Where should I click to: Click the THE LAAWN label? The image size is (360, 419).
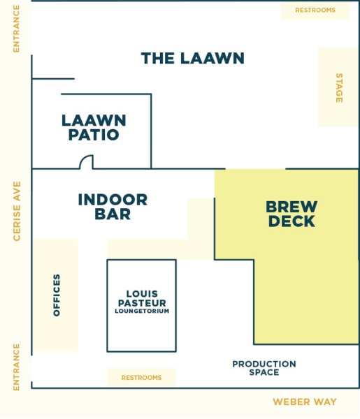point(192,58)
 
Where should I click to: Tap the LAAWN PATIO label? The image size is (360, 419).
point(94,128)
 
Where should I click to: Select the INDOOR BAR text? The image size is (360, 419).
point(113,207)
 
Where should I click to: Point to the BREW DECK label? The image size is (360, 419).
point(291,214)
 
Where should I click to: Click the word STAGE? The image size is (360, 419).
point(339,88)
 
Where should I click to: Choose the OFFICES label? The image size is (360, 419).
point(57,295)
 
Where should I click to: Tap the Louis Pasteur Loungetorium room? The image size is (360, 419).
point(141,305)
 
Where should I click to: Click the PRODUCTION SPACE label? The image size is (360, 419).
point(264,368)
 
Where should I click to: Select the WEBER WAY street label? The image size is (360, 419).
point(305,402)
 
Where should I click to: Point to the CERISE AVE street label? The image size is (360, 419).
point(17,211)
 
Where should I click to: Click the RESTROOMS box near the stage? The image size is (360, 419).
point(315,10)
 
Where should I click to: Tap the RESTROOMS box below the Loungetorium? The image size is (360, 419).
point(141,377)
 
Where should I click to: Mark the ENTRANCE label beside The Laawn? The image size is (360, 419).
point(17,29)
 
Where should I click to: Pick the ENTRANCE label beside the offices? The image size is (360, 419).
point(17,367)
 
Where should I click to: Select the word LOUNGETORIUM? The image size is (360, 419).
point(142,311)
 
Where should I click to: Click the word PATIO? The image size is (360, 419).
point(94,135)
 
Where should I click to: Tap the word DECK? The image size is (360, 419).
point(291,221)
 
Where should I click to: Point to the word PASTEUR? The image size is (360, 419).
point(142,303)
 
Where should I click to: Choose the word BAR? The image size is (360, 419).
point(113,214)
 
